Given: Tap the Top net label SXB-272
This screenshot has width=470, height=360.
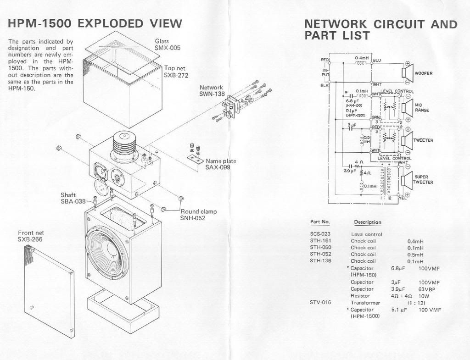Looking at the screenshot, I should [176, 75].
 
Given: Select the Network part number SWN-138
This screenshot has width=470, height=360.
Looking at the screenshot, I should [212, 94].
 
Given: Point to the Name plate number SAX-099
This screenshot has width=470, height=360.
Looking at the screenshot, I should [218, 167].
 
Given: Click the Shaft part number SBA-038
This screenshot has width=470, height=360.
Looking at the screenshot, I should [73, 201].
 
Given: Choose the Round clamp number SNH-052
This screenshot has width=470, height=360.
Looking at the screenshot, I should [193, 218].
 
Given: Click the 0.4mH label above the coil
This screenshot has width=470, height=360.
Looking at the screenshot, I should [362, 58].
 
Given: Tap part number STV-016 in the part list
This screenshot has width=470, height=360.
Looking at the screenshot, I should [320, 303].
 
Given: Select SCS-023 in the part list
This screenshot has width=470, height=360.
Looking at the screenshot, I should [320, 234].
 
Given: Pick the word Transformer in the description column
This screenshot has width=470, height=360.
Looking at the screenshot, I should [365, 303].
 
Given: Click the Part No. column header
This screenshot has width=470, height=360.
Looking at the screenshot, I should [320, 222].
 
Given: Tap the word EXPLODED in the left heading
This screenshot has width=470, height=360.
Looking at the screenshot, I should [112, 23].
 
